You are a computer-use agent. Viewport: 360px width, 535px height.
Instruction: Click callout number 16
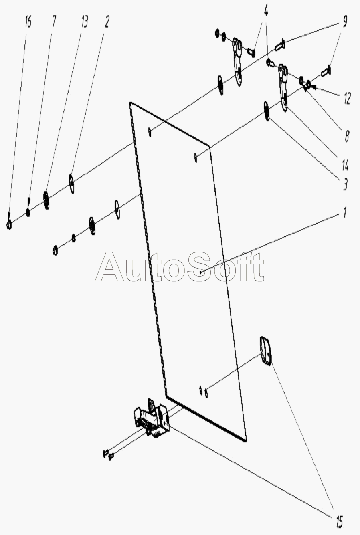28,23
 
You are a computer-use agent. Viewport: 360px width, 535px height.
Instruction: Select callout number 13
84,22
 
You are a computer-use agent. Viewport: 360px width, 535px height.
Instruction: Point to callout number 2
107,22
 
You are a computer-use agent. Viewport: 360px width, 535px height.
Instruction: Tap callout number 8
346,136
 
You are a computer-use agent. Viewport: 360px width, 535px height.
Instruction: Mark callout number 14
345,164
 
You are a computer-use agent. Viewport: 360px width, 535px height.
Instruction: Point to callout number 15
339,521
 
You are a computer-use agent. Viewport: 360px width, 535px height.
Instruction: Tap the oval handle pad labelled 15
265,351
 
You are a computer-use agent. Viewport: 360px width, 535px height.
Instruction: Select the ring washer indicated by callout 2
72,183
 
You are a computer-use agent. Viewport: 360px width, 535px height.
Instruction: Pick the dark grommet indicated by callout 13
47,200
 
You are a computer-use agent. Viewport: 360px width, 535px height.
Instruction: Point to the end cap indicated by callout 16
9,225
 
